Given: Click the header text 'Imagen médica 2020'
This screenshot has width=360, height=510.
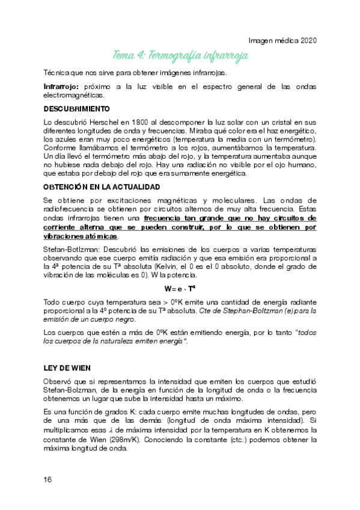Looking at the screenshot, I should [x=282, y=40].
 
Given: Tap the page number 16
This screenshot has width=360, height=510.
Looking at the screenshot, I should [x=47, y=479].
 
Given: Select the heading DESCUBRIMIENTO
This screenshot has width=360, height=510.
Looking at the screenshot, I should [x=76, y=109].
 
